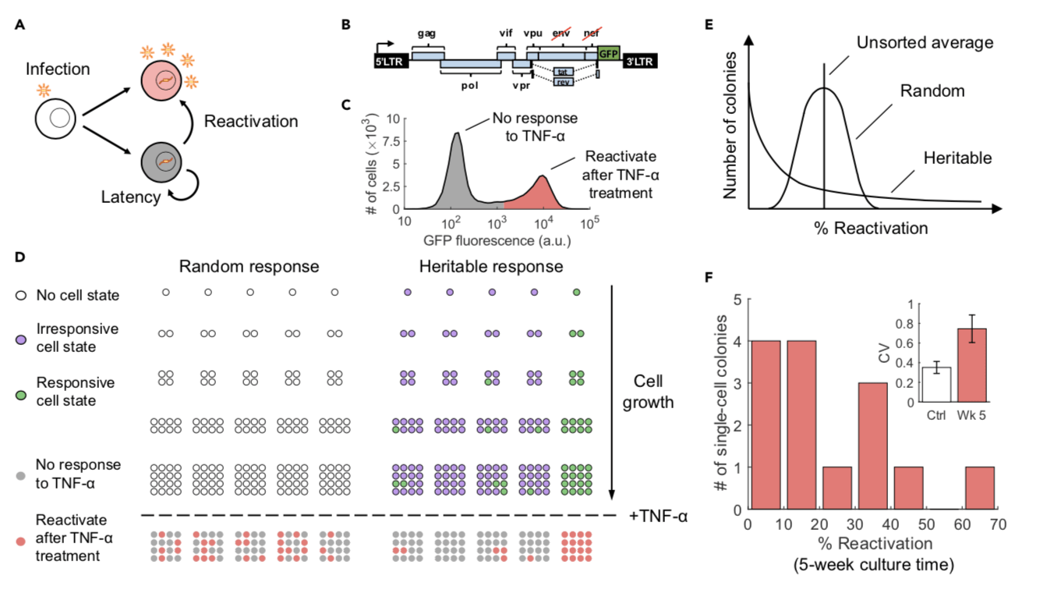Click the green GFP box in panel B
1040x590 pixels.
click(609, 54)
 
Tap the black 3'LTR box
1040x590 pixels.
click(640, 60)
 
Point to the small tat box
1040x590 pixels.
click(563, 71)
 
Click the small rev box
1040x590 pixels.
click(563, 81)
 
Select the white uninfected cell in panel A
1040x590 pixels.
click(58, 120)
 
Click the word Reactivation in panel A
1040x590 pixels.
click(250, 121)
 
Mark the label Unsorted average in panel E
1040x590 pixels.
click(924, 43)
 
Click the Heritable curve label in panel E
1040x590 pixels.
click(957, 158)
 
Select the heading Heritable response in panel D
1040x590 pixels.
click(491, 266)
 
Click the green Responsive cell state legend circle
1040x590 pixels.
click(21, 392)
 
